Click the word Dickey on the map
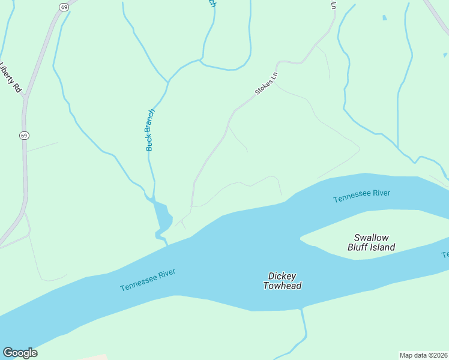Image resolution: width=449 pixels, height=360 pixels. pos(282,277)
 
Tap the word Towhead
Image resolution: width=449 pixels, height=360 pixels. pos(282,286)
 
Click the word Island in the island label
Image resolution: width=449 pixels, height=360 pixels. pos(384,247)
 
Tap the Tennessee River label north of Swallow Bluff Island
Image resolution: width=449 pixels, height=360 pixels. pos(362,196)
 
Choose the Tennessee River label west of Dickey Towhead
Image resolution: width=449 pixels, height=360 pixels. pos(148,280)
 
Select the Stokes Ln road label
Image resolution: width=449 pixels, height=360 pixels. pos(267,83)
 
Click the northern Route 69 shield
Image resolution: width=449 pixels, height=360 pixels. pos(64,7)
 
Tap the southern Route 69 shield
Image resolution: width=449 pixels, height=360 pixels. pos(23,136)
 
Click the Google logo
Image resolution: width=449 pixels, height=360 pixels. pos(20,353)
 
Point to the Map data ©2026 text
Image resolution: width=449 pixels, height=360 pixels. pos(424,355)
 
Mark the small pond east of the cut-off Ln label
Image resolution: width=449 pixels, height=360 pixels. pos(385,18)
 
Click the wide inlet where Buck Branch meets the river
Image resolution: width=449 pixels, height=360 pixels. pos(161,217)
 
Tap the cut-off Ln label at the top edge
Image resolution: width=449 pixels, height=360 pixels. pos(333,5)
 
